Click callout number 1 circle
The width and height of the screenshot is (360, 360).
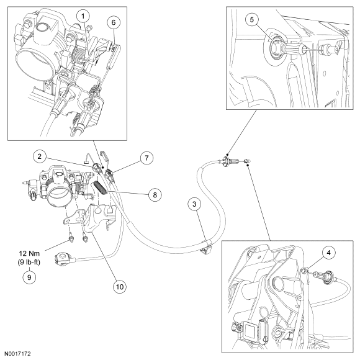(x=83, y=16)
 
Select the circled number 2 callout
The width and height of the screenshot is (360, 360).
(x=40, y=156)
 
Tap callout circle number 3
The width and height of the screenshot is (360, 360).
(x=194, y=204)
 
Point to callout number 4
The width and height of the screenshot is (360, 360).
(x=328, y=253)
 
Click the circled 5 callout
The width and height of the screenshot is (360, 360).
(x=252, y=19)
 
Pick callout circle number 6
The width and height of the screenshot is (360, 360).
(x=114, y=22)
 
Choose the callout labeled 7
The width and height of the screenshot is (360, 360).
(x=146, y=158)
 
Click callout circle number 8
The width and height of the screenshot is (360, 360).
(x=155, y=195)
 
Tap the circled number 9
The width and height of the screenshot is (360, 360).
(x=29, y=277)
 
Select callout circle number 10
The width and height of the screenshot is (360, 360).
(x=120, y=287)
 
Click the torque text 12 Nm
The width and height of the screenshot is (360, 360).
(x=29, y=253)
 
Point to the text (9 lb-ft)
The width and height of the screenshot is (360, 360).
(x=29, y=262)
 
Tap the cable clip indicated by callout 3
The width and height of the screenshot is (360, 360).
(x=207, y=248)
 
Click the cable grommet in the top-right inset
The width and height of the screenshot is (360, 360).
(x=276, y=48)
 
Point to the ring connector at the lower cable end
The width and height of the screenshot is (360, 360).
(x=61, y=259)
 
